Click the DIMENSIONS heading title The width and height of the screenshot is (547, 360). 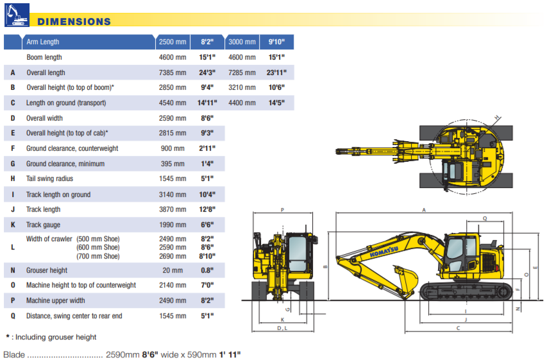point(74,21)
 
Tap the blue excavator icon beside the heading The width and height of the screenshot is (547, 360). point(17,15)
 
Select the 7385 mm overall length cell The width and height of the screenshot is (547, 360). point(173,73)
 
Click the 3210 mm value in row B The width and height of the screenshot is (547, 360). point(242,87)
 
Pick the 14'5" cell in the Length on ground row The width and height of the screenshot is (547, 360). point(276,103)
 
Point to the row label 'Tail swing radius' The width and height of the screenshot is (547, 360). point(49,179)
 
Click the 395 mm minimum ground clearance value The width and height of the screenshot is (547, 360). point(173,164)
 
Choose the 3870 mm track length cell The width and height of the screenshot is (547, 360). point(173,209)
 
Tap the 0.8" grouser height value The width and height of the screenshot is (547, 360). point(206,270)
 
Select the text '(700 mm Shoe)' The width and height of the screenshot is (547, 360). point(98,255)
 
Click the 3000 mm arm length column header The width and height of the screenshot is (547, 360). point(242,42)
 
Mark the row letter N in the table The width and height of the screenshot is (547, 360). point(13,270)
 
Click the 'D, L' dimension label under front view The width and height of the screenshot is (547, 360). point(282,328)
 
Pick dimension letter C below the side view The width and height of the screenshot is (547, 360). point(458,328)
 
